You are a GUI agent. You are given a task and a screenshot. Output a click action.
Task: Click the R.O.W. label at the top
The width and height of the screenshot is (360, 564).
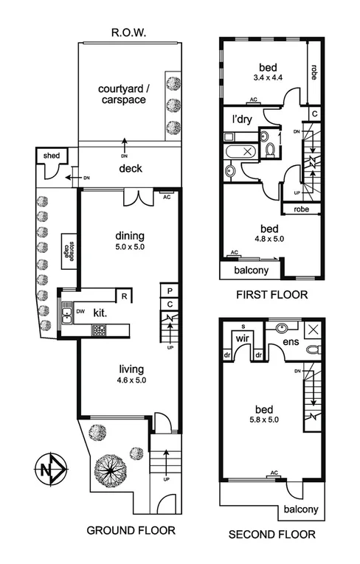pyautogui.click(x=130, y=32)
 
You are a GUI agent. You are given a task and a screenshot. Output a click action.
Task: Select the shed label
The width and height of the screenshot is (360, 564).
pyautogui.click(x=51, y=156)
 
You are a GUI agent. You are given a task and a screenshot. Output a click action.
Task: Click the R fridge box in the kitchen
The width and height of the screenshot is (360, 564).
pyautogui.click(x=125, y=296)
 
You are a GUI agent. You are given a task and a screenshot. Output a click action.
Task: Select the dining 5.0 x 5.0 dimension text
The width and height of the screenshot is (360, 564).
pyautogui.click(x=130, y=247)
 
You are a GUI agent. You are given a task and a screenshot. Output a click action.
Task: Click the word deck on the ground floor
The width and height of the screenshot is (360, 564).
pyautogui.click(x=131, y=169)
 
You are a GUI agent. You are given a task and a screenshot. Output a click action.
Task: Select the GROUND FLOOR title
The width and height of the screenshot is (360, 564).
pyautogui.click(x=131, y=530)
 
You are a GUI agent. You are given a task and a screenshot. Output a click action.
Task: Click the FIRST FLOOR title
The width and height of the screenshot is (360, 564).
pyautogui.click(x=272, y=296)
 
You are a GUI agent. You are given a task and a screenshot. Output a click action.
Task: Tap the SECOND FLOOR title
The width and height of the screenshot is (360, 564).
pyautogui.click(x=271, y=535)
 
